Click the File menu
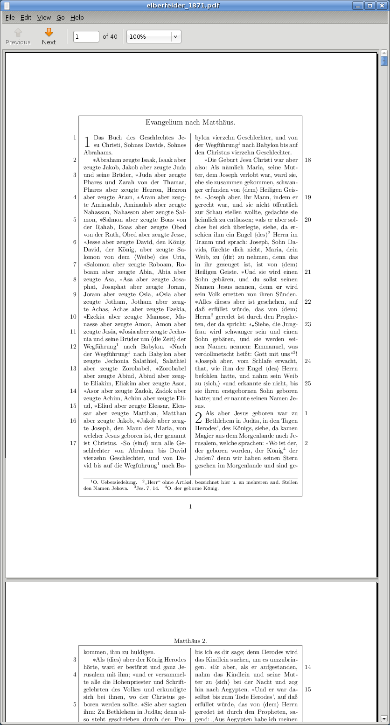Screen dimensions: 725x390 pos(10,18)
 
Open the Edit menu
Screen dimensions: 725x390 pos(26,18)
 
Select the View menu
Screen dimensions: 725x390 pos(44,18)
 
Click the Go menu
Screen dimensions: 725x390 pos(61,18)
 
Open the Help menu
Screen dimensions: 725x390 pos(77,18)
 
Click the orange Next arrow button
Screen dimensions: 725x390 pos(49,36)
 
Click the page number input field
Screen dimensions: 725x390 pos(86,36)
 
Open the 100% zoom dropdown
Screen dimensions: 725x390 pos(175,36)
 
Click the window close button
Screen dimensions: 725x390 pos(382,6)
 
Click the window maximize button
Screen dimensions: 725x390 pos(370,6)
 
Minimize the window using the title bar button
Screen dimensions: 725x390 pos(358,6)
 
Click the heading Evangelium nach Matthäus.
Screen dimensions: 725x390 pos(190,123)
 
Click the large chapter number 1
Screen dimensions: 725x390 pos(87,142)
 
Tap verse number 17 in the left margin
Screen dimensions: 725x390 pos(73,443)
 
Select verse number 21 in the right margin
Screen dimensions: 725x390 pos(307,272)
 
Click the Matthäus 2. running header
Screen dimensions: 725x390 pos(190,641)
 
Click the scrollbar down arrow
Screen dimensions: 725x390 pos(384,718)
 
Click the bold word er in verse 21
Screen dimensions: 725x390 pos(279,287)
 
